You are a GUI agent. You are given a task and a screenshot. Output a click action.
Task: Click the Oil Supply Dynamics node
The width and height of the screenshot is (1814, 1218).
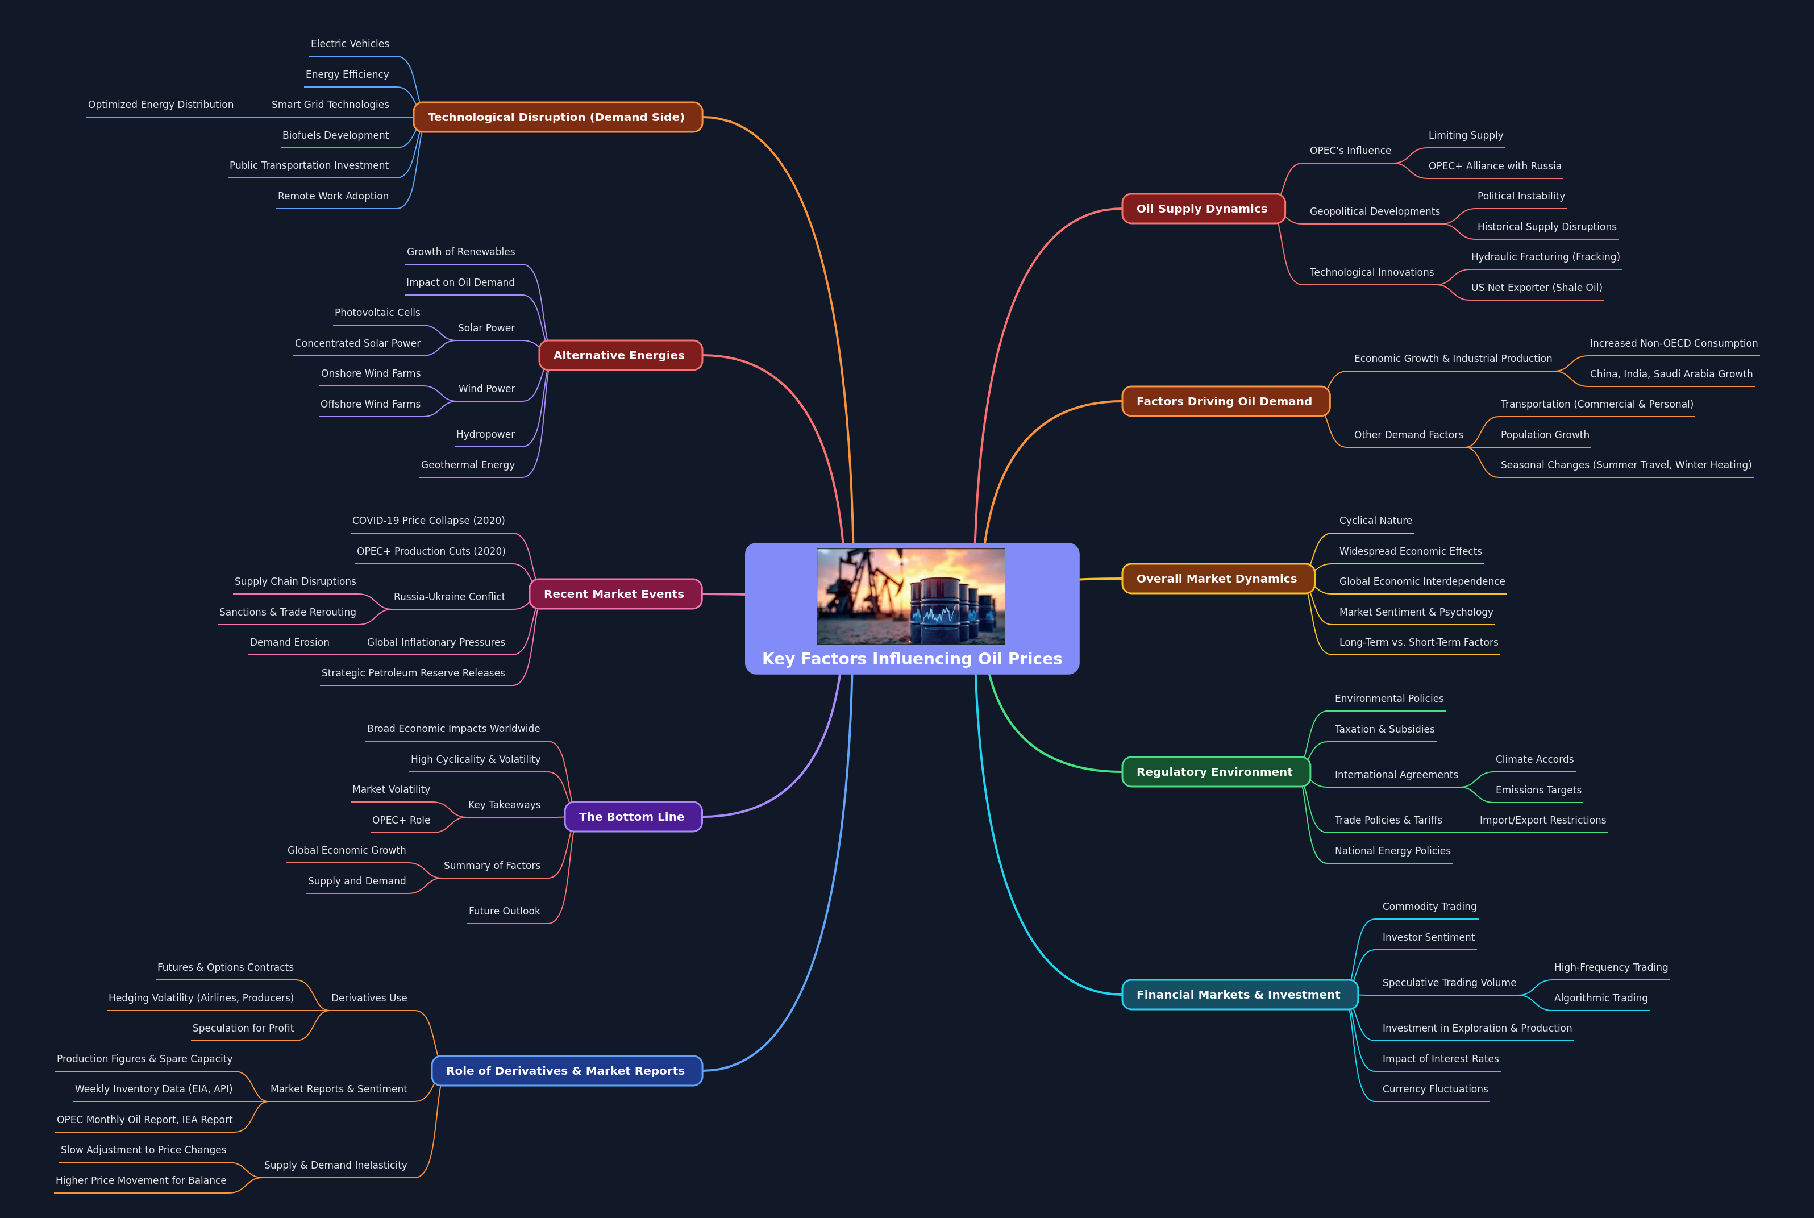[x=1202, y=208]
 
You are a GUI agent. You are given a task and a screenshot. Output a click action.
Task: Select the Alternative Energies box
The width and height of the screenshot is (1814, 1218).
[x=619, y=355]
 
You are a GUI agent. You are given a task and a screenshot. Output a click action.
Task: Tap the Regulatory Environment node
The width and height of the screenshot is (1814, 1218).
[x=1214, y=771]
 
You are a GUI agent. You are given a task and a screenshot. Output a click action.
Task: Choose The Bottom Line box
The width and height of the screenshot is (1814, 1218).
[x=631, y=816]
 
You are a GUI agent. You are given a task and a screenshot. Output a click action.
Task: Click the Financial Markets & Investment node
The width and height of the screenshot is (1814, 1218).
[x=1238, y=994]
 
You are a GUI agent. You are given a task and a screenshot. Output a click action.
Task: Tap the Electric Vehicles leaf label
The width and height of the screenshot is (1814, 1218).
[x=350, y=44]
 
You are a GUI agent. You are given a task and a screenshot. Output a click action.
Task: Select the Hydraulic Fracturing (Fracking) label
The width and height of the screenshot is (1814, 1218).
[x=1545, y=256]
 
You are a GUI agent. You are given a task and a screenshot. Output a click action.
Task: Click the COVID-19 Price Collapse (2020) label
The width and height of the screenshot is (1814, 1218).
[x=428, y=521]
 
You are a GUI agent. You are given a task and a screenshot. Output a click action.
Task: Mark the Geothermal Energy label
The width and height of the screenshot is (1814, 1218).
[x=468, y=464]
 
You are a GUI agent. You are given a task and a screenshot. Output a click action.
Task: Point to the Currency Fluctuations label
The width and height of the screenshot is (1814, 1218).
[x=1434, y=1088]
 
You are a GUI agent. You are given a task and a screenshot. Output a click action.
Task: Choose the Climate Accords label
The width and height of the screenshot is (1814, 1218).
[x=1534, y=759]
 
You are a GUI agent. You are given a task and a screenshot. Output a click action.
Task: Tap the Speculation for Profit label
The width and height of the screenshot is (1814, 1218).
[x=243, y=1028]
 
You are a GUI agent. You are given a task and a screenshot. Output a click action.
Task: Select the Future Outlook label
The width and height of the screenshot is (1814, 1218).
[x=504, y=911]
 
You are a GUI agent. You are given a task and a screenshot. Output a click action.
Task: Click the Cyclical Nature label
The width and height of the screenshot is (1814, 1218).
[x=1375, y=521]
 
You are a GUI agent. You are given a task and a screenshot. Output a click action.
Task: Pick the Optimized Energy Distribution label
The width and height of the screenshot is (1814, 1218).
[x=161, y=104]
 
